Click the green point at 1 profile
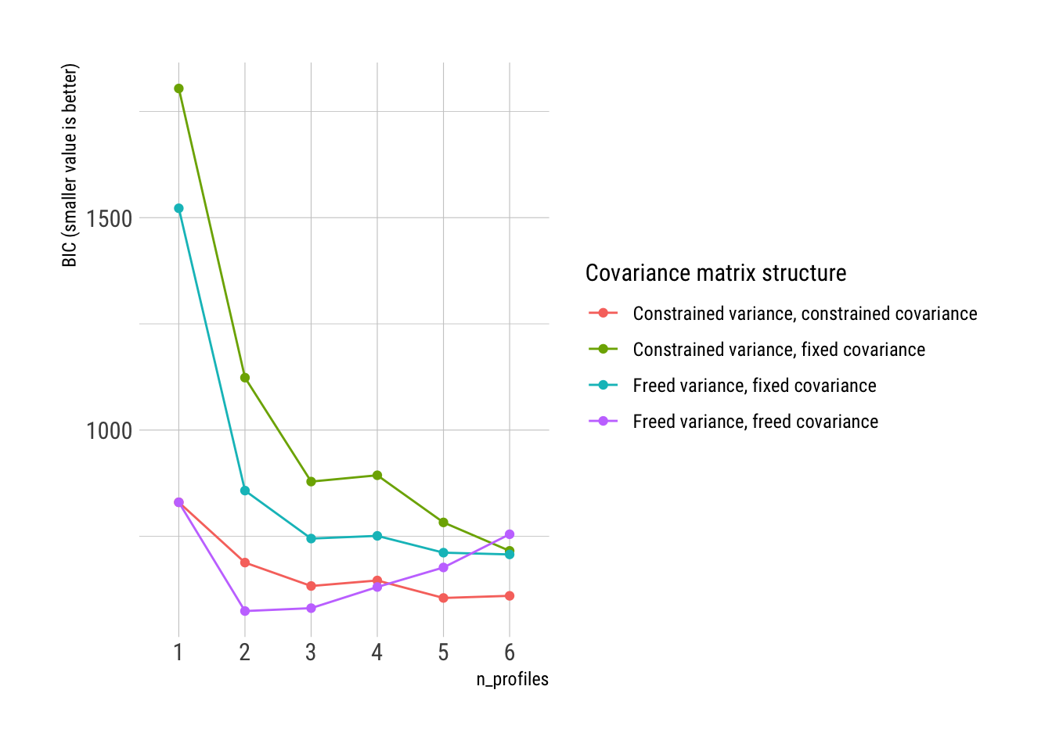[x=178, y=88]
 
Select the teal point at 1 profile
[x=178, y=208]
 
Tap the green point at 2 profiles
[x=245, y=378]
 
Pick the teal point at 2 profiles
[x=245, y=490]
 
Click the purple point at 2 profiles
[x=245, y=611]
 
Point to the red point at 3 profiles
[x=311, y=586]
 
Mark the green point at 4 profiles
[x=377, y=475]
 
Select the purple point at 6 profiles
[x=510, y=534]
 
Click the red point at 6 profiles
[x=510, y=596]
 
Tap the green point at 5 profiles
[x=444, y=523]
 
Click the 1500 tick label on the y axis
[x=109, y=218]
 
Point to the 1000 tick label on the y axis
[x=109, y=430]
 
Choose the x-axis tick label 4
[x=377, y=652]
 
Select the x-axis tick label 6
[x=510, y=652]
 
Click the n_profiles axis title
[x=512, y=679]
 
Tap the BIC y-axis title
[x=70, y=165]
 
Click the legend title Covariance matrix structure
[x=715, y=273]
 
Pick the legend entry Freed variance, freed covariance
[x=755, y=422]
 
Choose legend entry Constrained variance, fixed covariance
[x=779, y=350]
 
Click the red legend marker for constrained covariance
[x=603, y=314]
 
